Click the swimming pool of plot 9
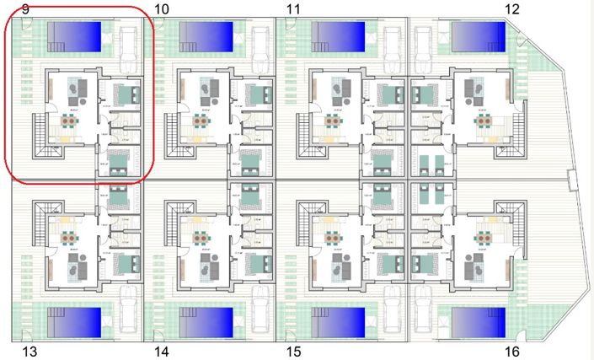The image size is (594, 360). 74,35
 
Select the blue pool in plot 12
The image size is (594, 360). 477,35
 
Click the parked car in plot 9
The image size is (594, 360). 131,41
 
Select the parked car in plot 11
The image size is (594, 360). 393,41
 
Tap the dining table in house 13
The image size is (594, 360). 66,236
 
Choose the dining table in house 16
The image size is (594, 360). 485,236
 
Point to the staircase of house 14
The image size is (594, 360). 175,221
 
